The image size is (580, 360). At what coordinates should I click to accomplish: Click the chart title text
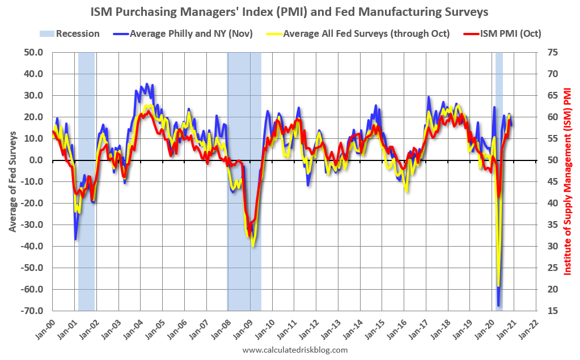(290, 11)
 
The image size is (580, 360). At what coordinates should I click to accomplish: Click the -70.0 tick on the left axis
(32, 311)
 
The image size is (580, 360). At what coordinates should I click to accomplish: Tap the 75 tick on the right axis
(551, 52)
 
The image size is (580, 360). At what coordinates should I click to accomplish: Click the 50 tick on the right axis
(551, 160)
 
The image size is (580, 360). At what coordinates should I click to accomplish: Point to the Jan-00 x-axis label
(46, 327)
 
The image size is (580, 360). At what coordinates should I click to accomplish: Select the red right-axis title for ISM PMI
(568, 181)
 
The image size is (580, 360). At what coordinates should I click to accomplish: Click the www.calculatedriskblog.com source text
(295, 350)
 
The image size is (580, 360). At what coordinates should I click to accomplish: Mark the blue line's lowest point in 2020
(498, 306)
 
